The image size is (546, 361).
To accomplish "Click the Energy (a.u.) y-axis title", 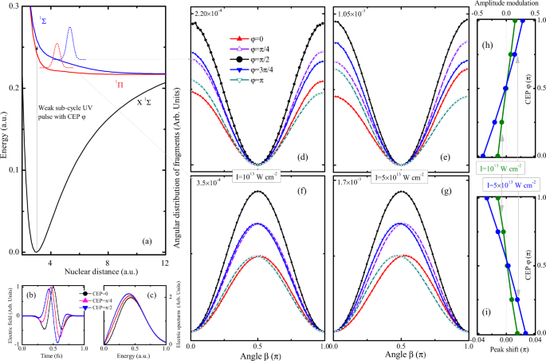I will pos(6,131).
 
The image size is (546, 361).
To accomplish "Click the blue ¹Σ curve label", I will pos(42,20).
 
